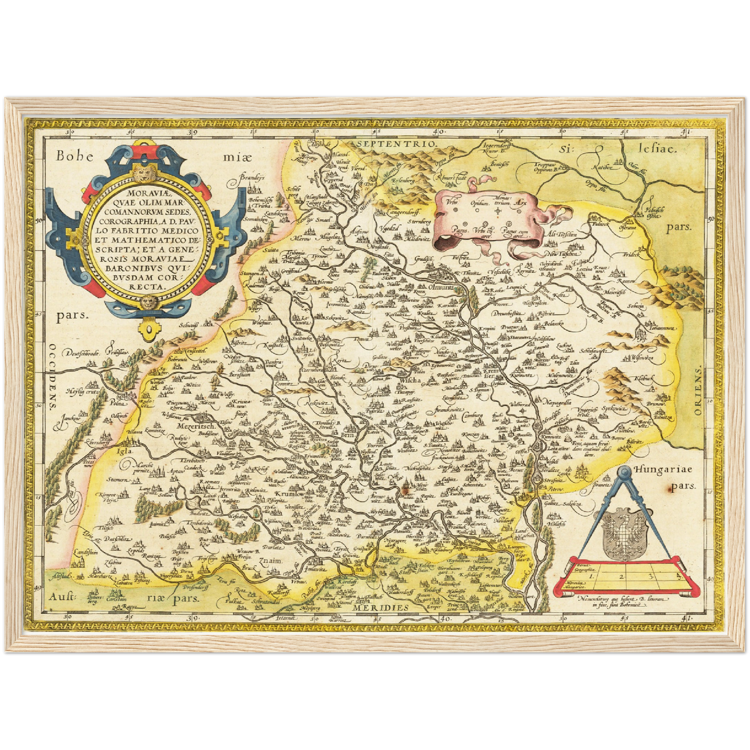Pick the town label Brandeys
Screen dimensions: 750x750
pos(252,178)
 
